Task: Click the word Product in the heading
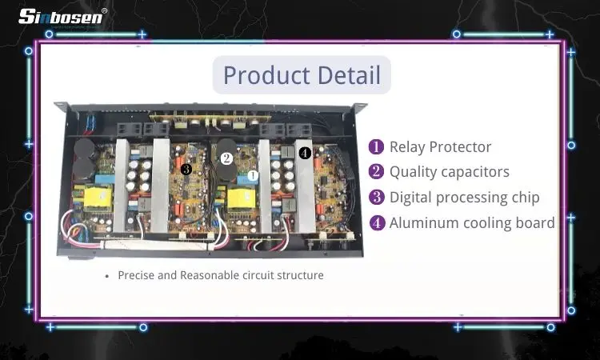(263, 75)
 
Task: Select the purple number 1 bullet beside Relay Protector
(376, 147)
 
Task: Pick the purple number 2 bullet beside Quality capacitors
(376, 172)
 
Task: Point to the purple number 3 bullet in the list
(376, 198)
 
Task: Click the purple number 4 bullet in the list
(376, 223)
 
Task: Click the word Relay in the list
(407, 147)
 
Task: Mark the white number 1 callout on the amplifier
(253, 174)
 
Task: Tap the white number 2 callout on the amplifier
(226, 159)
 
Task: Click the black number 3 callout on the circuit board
(186, 169)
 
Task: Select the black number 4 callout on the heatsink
(305, 152)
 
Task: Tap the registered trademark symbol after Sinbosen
(105, 10)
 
